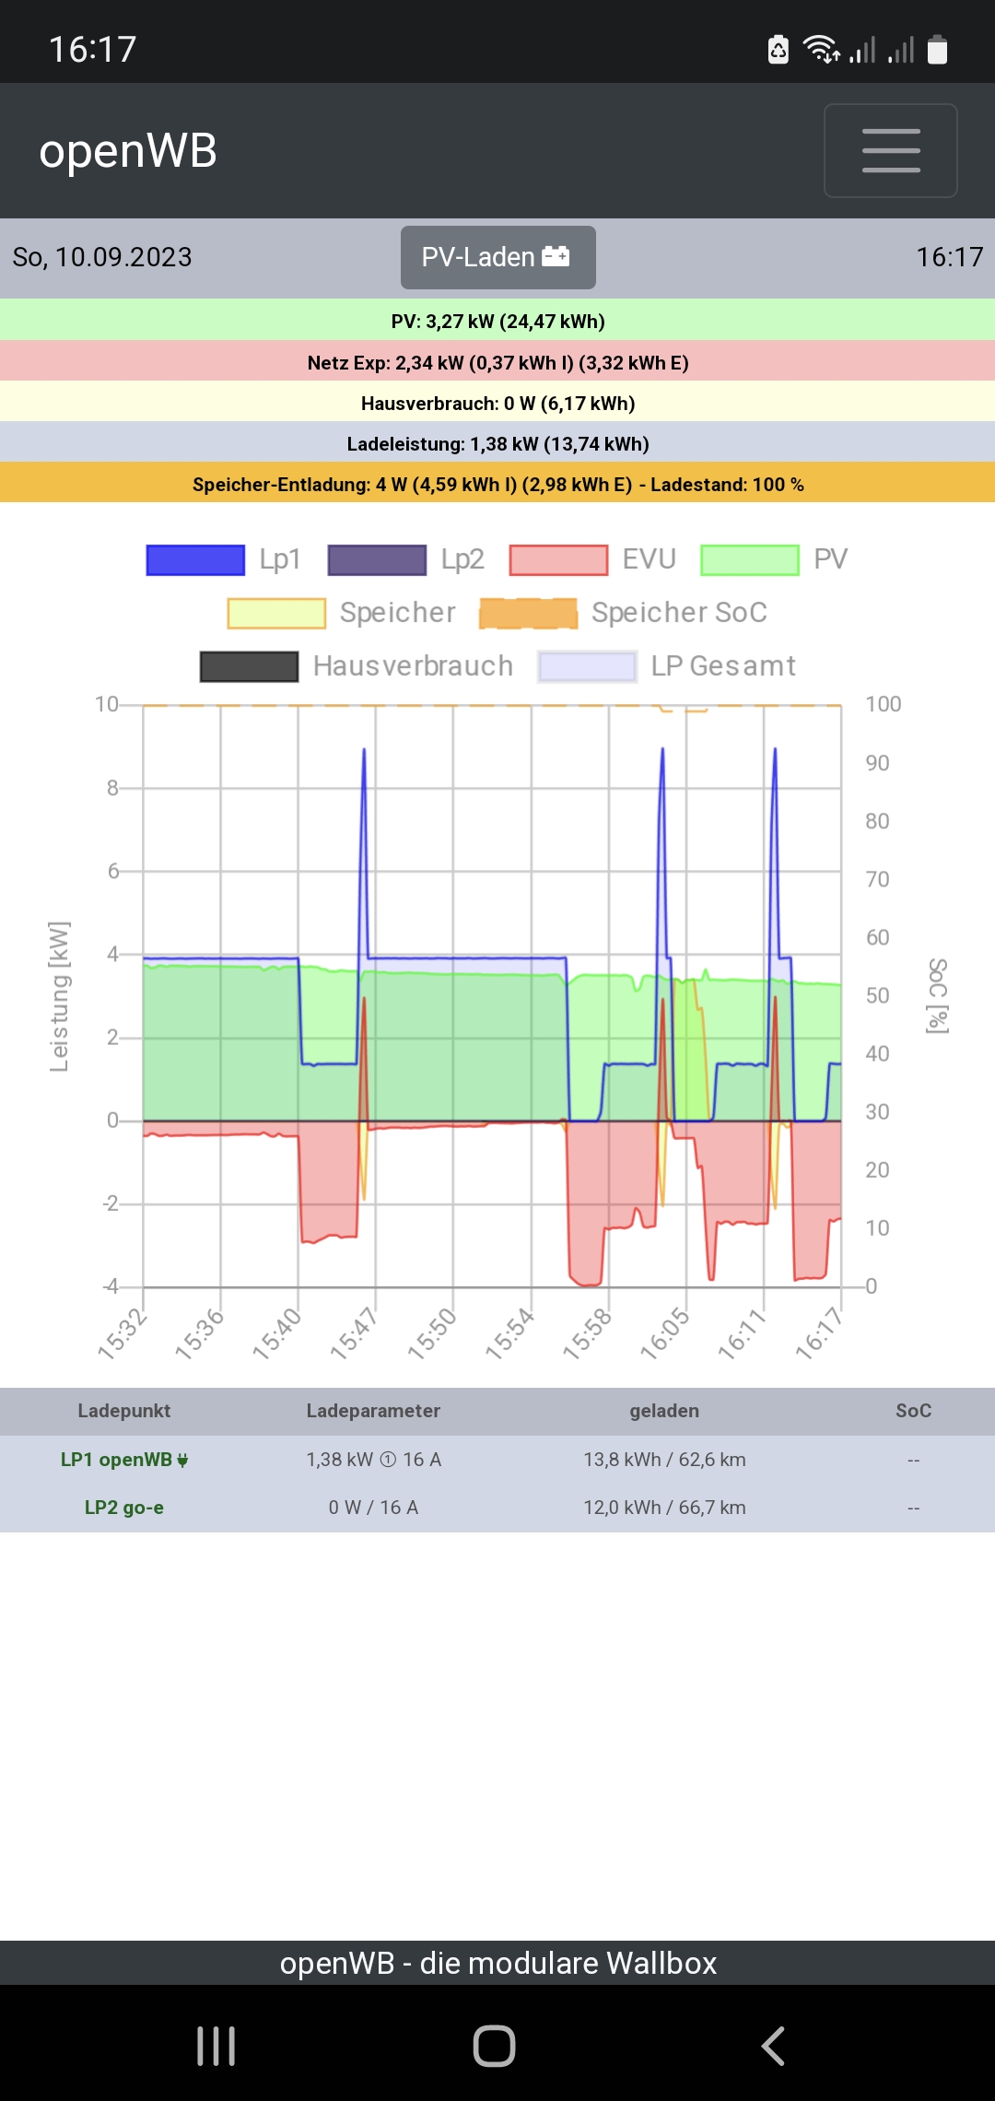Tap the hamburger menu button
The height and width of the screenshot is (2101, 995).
pos(890,150)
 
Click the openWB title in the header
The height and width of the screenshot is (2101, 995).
pos(128,150)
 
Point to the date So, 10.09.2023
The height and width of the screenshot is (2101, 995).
pos(102,257)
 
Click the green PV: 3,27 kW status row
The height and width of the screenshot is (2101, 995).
pos(497,321)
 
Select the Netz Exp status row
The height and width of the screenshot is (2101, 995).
pos(497,362)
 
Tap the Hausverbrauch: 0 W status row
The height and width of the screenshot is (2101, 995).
pos(497,403)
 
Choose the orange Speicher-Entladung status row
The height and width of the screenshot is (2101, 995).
pos(497,484)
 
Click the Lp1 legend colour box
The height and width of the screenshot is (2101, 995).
pos(195,559)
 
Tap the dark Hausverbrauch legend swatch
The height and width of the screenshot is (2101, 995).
pos(249,666)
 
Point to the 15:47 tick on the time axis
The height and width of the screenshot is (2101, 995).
pos(353,1333)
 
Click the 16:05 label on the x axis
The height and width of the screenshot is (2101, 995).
pos(663,1333)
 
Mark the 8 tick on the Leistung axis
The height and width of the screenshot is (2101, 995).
pos(112,788)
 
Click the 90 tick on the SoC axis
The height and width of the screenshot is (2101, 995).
pos(877,763)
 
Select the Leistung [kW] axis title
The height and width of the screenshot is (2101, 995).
pos(59,996)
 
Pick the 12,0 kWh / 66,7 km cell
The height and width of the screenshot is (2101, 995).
pos(664,1508)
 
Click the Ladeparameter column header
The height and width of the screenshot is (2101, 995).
pos(373,1411)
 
